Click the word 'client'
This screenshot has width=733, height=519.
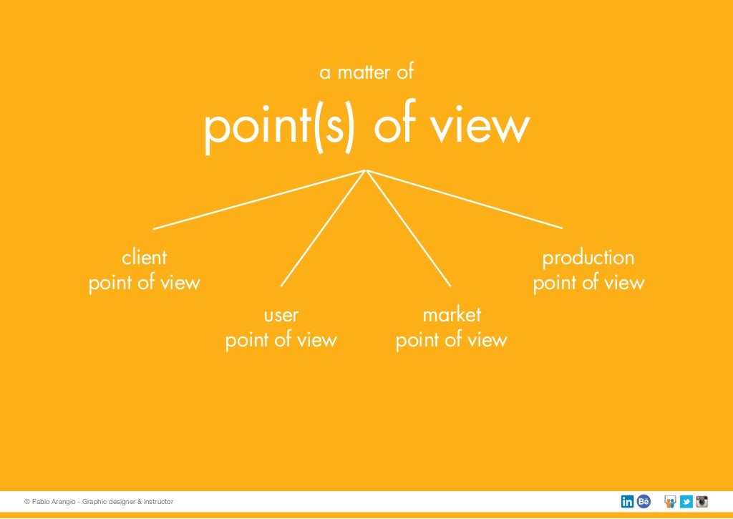(x=144, y=257)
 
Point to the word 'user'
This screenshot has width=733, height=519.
(x=281, y=314)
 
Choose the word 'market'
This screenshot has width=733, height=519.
(x=452, y=314)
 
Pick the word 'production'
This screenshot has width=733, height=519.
(x=588, y=257)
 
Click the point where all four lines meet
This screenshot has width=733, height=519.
(x=366, y=170)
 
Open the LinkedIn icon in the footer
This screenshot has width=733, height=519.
(x=627, y=502)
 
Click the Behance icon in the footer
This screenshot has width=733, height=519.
(x=644, y=502)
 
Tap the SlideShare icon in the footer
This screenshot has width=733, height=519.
(x=671, y=502)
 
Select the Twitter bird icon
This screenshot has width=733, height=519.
(x=686, y=502)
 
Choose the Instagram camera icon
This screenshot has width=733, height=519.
(x=702, y=502)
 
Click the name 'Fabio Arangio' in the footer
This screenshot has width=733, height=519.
(x=54, y=502)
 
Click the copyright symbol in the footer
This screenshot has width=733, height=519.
(x=26, y=502)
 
